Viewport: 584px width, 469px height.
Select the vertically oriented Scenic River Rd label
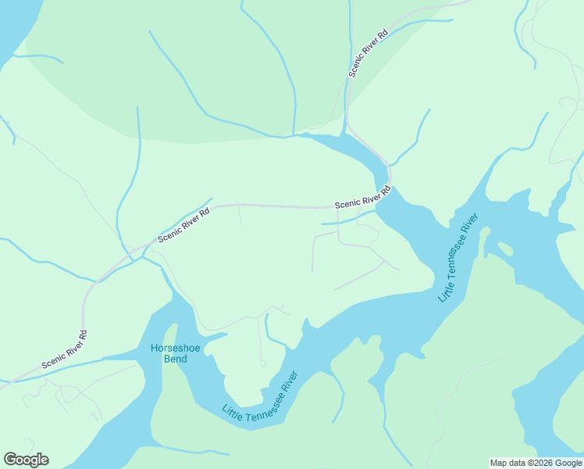(369, 53)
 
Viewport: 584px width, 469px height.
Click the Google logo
(26, 460)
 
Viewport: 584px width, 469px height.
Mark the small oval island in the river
(505, 249)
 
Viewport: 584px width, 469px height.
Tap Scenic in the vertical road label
(355, 69)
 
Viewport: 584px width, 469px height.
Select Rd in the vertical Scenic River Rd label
(383, 35)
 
